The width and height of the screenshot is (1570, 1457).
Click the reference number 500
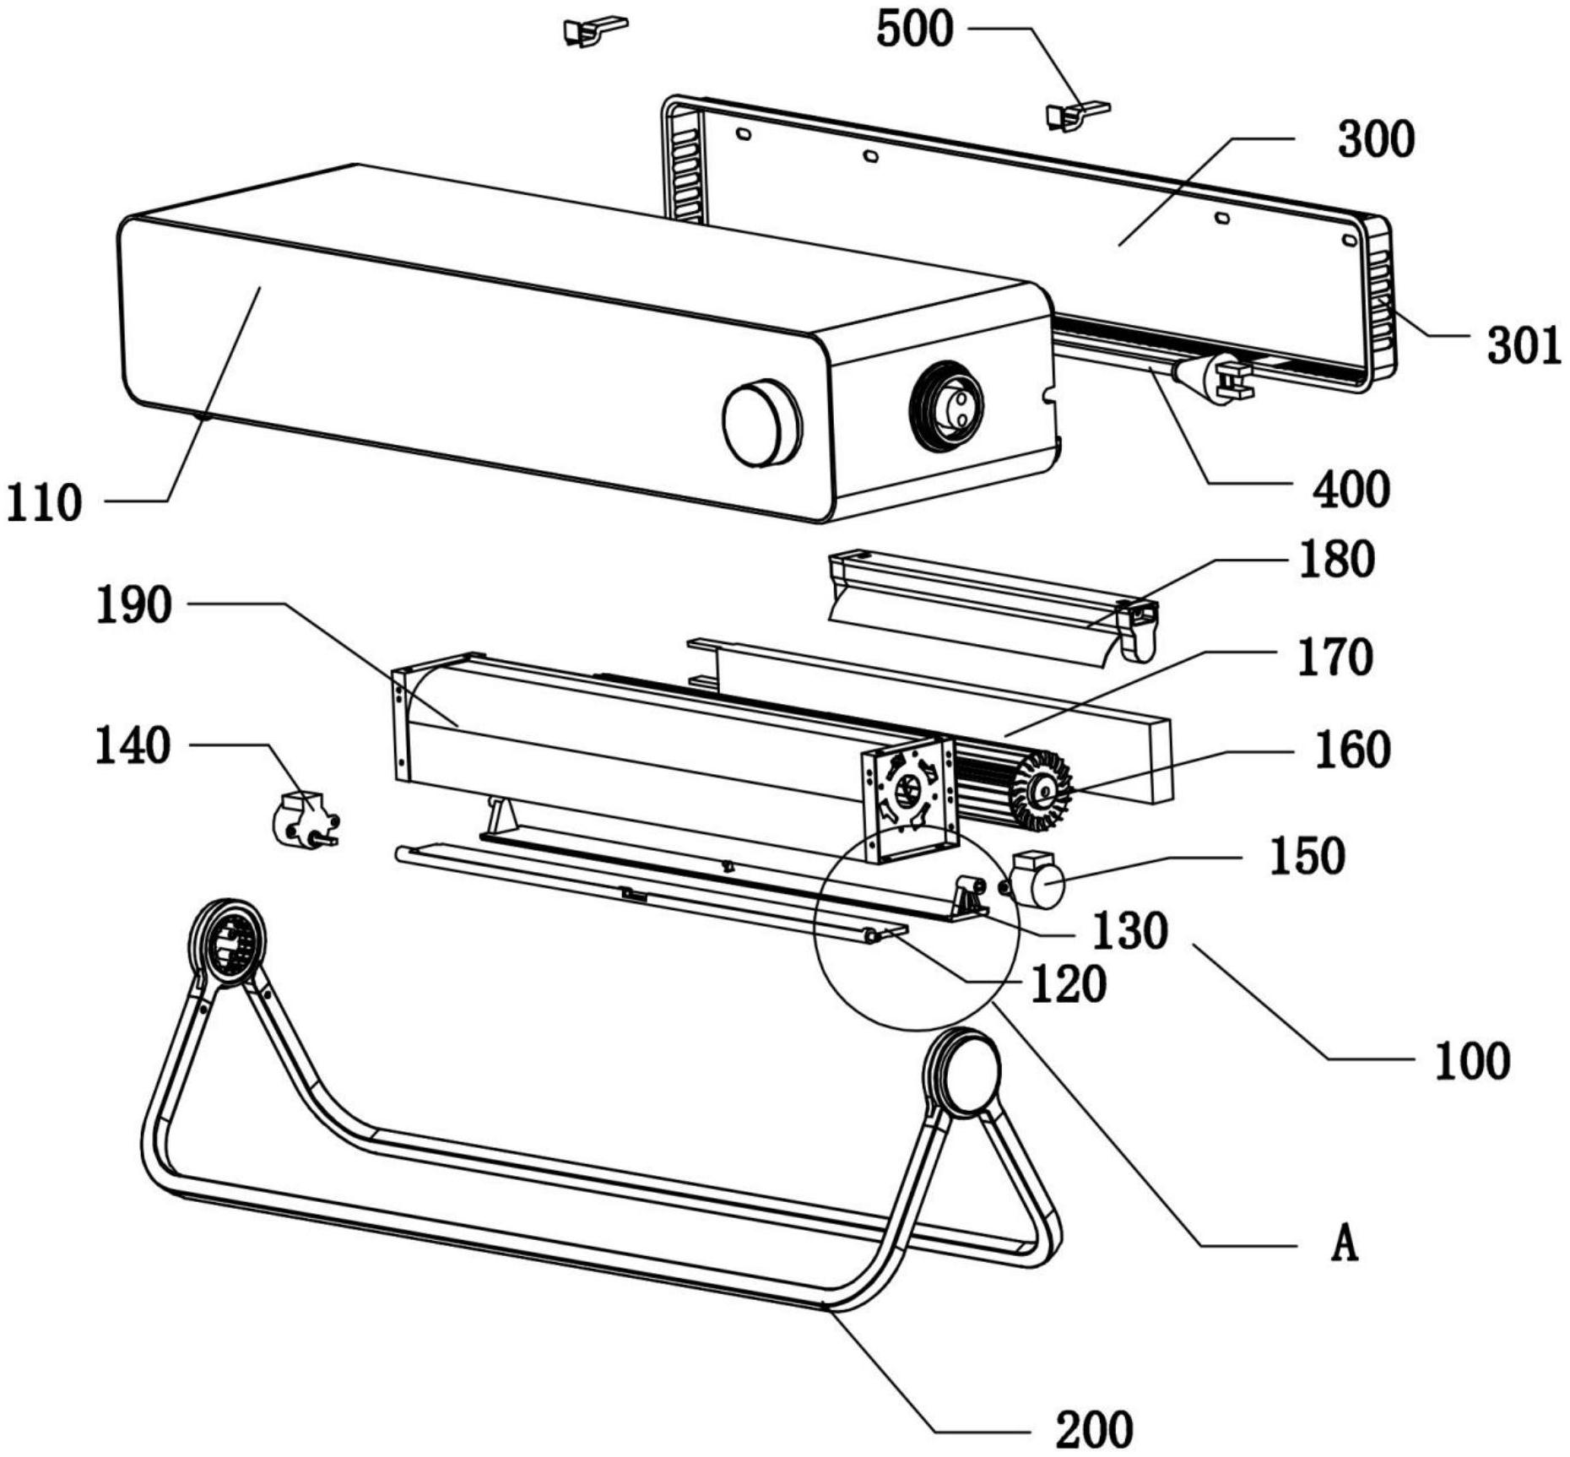[x=915, y=30]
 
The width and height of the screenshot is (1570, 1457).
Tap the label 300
[x=1377, y=140]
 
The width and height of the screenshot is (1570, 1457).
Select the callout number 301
[x=1524, y=346]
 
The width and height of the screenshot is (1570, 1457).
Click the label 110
[x=44, y=504]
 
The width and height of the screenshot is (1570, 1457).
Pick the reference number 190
[x=133, y=606]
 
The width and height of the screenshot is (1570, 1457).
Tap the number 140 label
[x=133, y=747]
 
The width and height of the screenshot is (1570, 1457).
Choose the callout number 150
[x=1307, y=857]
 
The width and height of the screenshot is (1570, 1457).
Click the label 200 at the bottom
[x=1095, y=1430]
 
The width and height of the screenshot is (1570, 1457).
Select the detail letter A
[x=1345, y=1243]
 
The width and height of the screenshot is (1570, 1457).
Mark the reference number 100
[x=1473, y=1061]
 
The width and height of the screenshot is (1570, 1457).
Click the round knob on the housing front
[x=761, y=422]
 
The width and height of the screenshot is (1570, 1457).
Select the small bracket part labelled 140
[x=305, y=819]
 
